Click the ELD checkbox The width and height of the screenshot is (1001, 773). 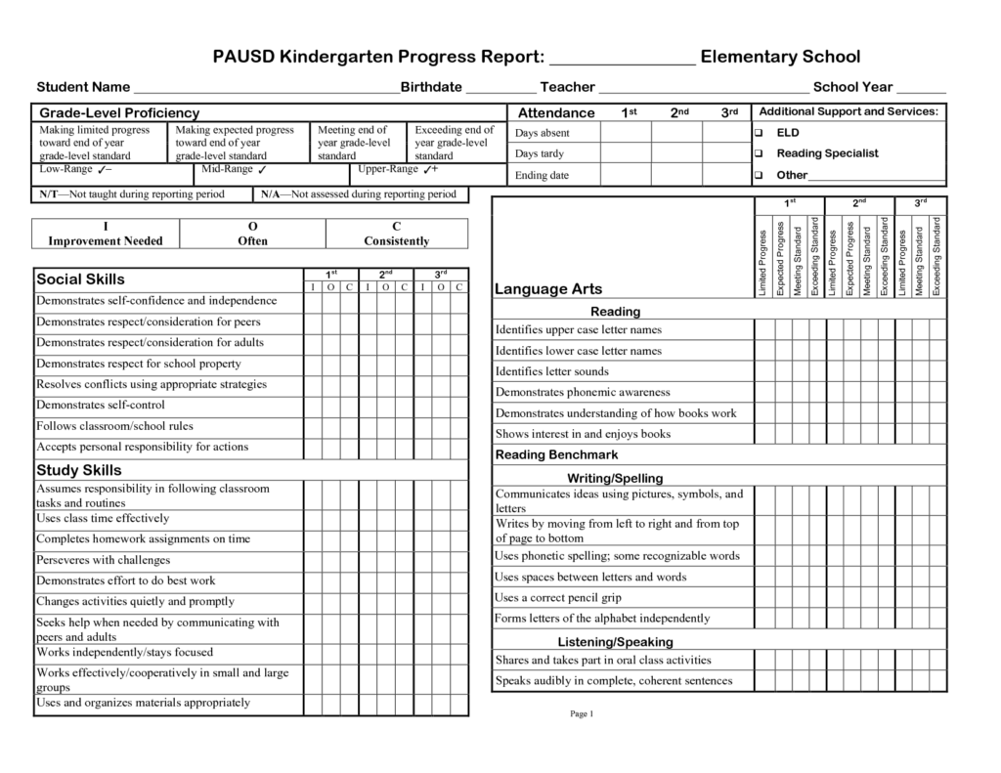pos(759,132)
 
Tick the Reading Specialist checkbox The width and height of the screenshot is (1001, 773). pos(759,153)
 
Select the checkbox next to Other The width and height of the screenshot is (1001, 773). pos(759,176)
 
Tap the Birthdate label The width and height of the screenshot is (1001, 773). pos(431,87)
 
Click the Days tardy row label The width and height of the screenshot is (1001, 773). pos(540,154)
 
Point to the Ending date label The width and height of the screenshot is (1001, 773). pos(543,176)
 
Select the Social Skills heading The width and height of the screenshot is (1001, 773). pos(80,279)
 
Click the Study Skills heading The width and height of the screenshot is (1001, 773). pos(79,470)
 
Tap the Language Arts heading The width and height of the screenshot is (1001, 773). pos(547,289)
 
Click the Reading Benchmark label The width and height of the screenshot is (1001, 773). pos(556,455)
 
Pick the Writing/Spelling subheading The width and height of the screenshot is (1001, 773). pos(615,478)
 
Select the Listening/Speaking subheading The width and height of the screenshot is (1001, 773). pos(615,642)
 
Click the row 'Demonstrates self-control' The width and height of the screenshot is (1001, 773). pos(101,405)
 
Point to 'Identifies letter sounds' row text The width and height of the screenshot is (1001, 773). pos(551,371)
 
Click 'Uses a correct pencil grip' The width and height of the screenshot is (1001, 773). pos(558,597)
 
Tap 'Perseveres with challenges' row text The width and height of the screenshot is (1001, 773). pos(103,560)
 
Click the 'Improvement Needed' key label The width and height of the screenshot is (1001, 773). pos(106,241)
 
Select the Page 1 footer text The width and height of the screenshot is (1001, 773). pos(582,714)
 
